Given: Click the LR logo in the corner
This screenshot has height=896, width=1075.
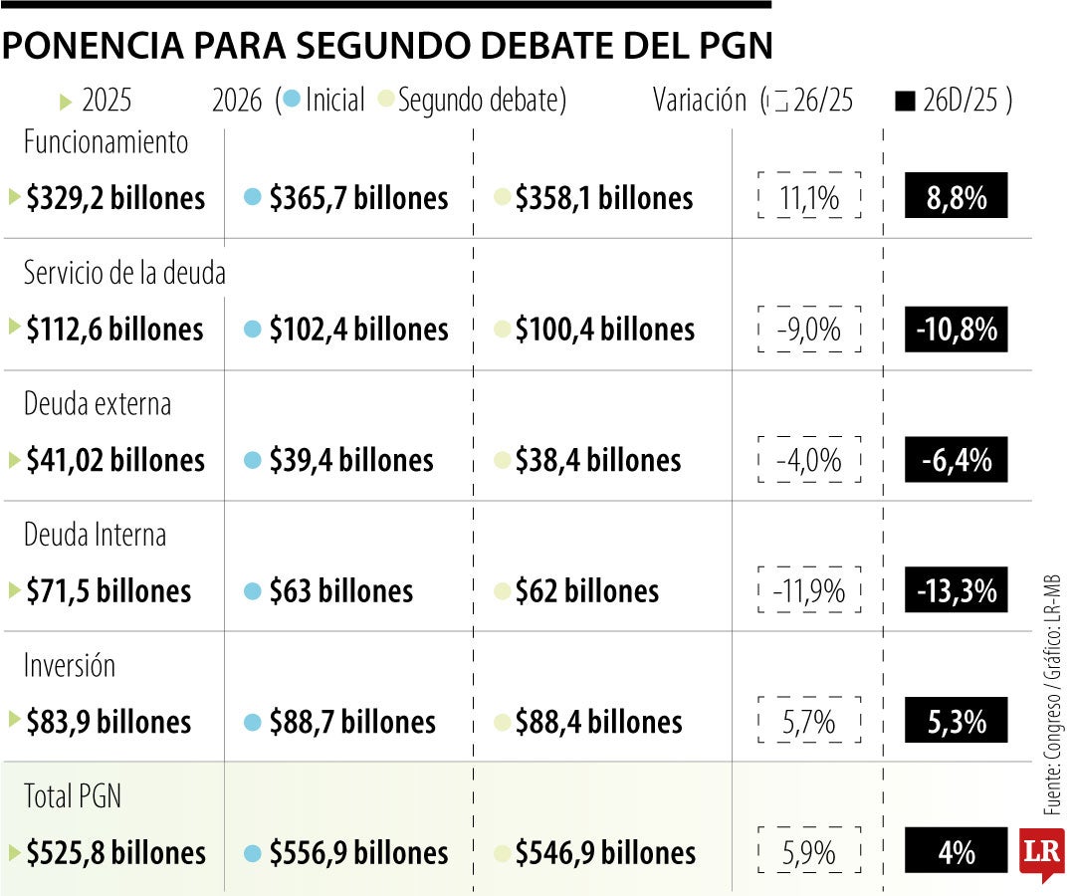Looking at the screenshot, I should [x=1041, y=853].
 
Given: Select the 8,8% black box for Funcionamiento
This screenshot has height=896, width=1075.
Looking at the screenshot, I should [x=956, y=197].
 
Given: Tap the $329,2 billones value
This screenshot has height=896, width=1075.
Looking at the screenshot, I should [x=115, y=198].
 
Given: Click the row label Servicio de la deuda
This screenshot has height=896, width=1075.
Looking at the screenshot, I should [x=124, y=273].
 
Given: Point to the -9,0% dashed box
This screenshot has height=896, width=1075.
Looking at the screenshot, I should [x=808, y=330].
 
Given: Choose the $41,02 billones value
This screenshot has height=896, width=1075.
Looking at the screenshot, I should [x=115, y=460].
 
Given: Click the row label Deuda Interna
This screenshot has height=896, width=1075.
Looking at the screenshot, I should [x=95, y=535].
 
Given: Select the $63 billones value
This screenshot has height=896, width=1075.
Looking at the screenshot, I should [x=340, y=591].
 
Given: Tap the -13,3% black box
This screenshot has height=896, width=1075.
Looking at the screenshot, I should [x=956, y=591].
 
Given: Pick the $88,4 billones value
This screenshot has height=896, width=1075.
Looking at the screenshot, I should [x=598, y=722].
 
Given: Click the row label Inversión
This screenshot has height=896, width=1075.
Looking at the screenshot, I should [x=70, y=665].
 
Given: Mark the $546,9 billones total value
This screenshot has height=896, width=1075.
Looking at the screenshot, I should [x=605, y=853].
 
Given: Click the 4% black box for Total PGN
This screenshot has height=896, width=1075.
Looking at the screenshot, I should [x=956, y=853].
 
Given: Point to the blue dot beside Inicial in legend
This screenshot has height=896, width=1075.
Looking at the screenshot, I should [x=292, y=100].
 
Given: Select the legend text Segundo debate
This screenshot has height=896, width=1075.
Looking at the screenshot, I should [x=480, y=101].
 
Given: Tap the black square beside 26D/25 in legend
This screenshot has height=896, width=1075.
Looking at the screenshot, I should [x=905, y=101].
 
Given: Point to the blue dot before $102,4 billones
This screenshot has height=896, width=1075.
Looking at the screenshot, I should [x=253, y=330].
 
